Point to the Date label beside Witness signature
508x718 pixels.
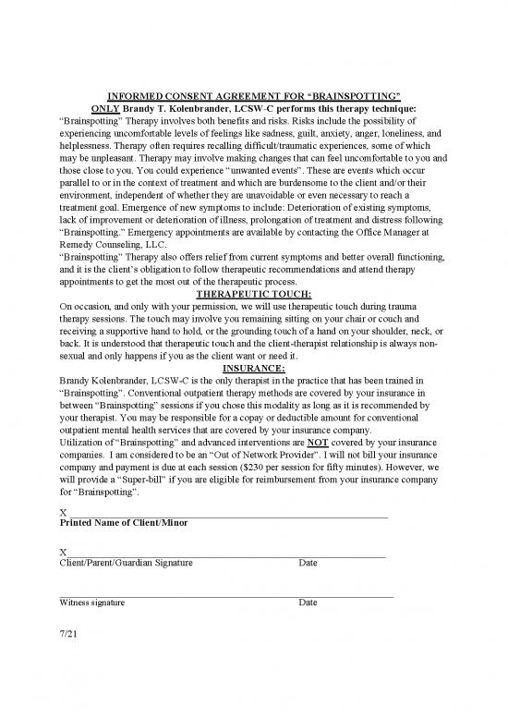tap(308, 602)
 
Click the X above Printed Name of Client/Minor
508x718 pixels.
tap(62, 512)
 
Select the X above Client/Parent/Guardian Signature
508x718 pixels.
tap(62, 552)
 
